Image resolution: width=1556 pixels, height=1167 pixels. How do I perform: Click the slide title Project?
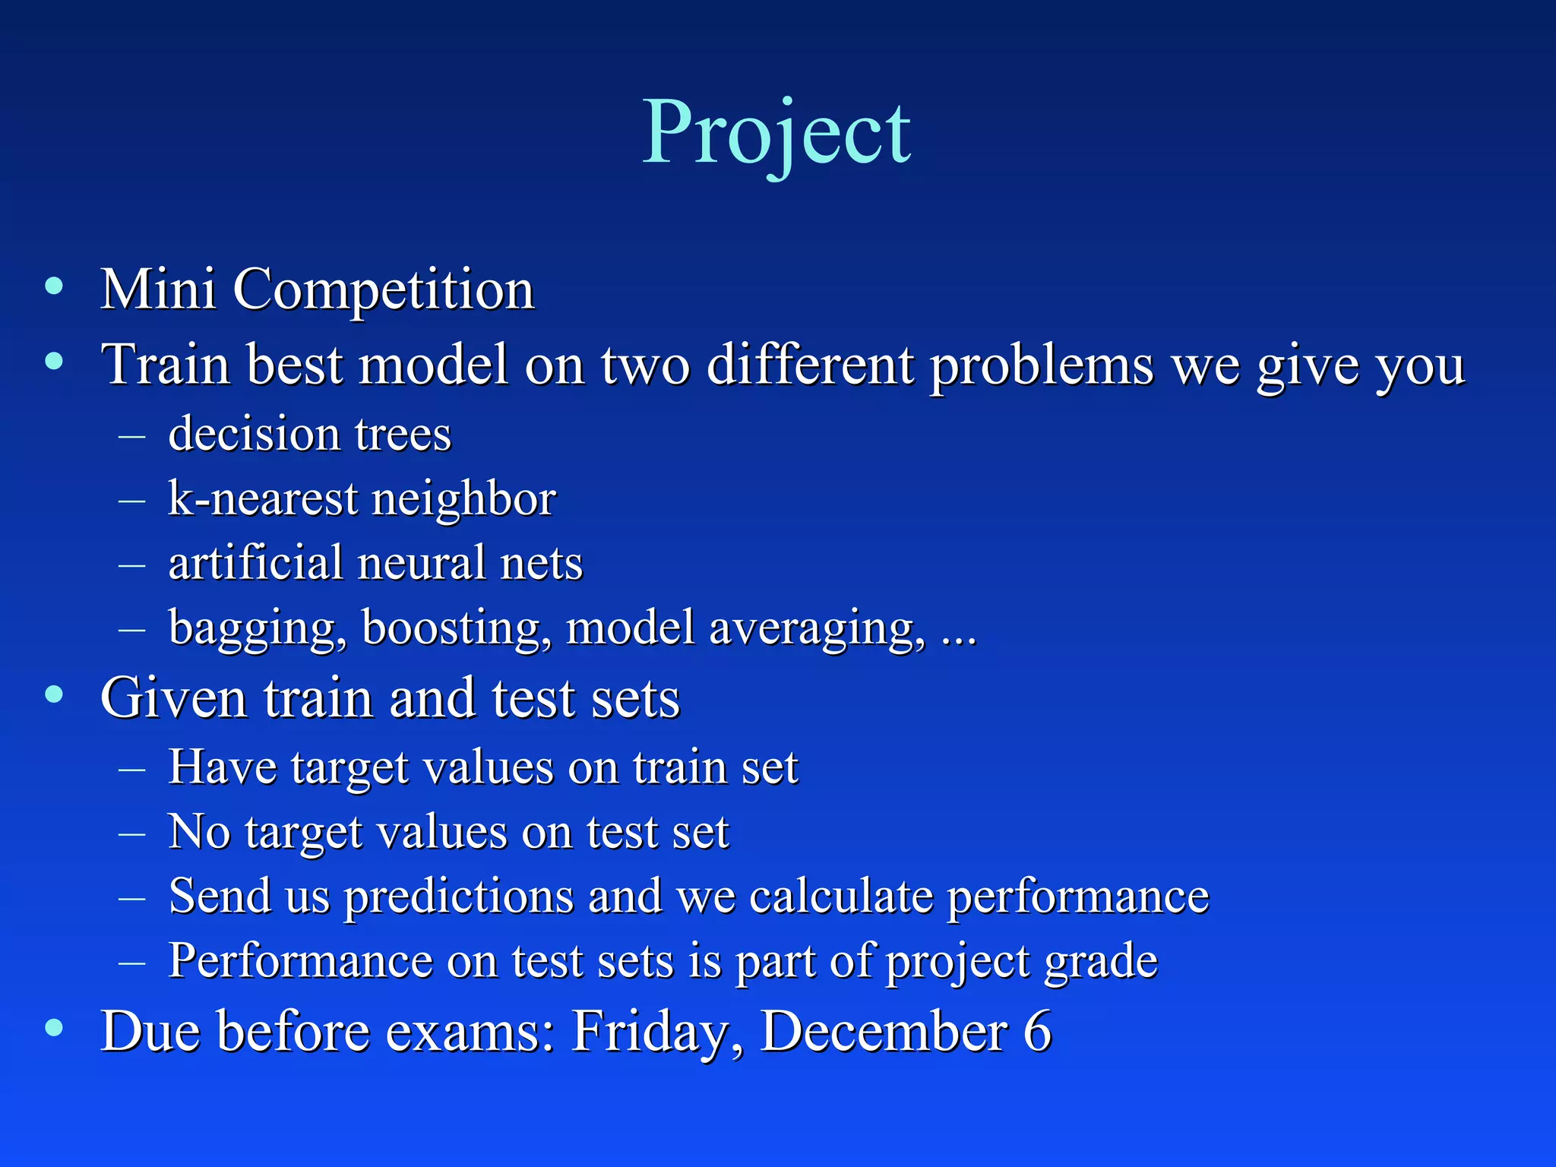[x=776, y=134]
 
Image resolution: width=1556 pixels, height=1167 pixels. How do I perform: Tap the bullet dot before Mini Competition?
[x=54, y=286]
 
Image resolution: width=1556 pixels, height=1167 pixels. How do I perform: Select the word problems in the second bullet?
[x=1042, y=365]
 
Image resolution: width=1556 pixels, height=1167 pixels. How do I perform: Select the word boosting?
[x=456, y=628]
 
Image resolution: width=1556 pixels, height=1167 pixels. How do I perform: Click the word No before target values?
[x=199, y=831]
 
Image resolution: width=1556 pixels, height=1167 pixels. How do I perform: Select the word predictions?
[x=459, y=897]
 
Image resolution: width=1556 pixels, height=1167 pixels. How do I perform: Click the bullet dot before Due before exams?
[x=54, y=1028]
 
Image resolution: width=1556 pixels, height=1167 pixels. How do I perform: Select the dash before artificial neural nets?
[x=132, y=565]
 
